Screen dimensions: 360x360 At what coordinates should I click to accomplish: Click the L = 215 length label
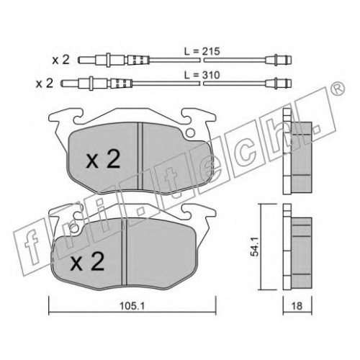pos(202,51)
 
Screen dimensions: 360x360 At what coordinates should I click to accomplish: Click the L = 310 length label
pos(202,75)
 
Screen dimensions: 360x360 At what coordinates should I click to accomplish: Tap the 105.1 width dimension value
pos(132,306)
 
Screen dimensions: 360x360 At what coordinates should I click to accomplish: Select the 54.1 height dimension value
pos(254,246)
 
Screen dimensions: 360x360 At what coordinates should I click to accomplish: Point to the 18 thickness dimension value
pos(297,306)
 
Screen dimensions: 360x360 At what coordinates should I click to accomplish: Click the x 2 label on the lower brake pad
pos(87,261)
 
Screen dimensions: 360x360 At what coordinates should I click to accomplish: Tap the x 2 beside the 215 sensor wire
pos(61,60)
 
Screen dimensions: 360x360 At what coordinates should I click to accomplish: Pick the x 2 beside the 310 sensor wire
pos(45,84)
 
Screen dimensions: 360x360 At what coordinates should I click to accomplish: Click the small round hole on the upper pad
pos(190,132)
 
